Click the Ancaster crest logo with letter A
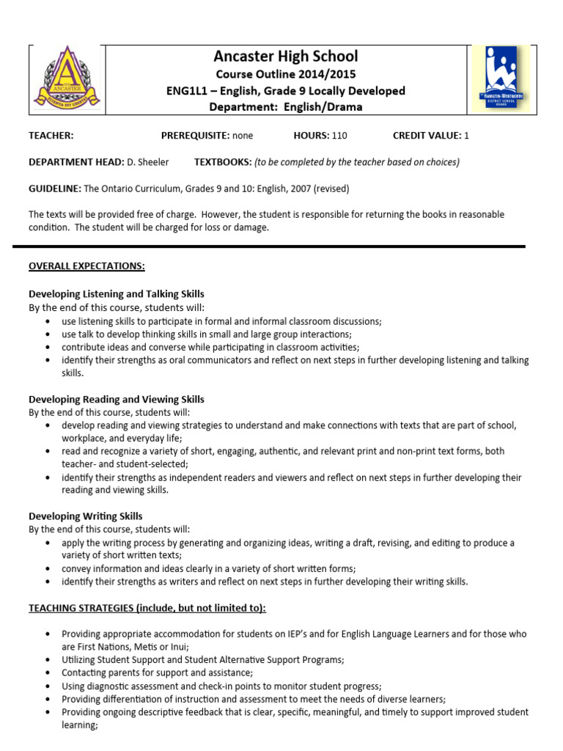coord(67,79)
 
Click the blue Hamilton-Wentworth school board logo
coord(502,78)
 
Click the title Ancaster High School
coord(286,56)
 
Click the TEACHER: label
coord(51,136)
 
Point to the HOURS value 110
coord(339,136)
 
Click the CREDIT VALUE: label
coord(427,136)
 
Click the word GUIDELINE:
coord(55,188)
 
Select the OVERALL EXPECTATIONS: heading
coord(87,266)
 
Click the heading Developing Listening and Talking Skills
coord(117,294)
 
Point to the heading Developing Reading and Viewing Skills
coord(117,400)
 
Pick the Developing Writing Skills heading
coord(86,516)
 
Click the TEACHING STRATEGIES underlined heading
coord(147,608)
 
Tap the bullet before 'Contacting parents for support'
coord(48,673)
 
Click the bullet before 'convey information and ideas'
coord(48,569)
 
